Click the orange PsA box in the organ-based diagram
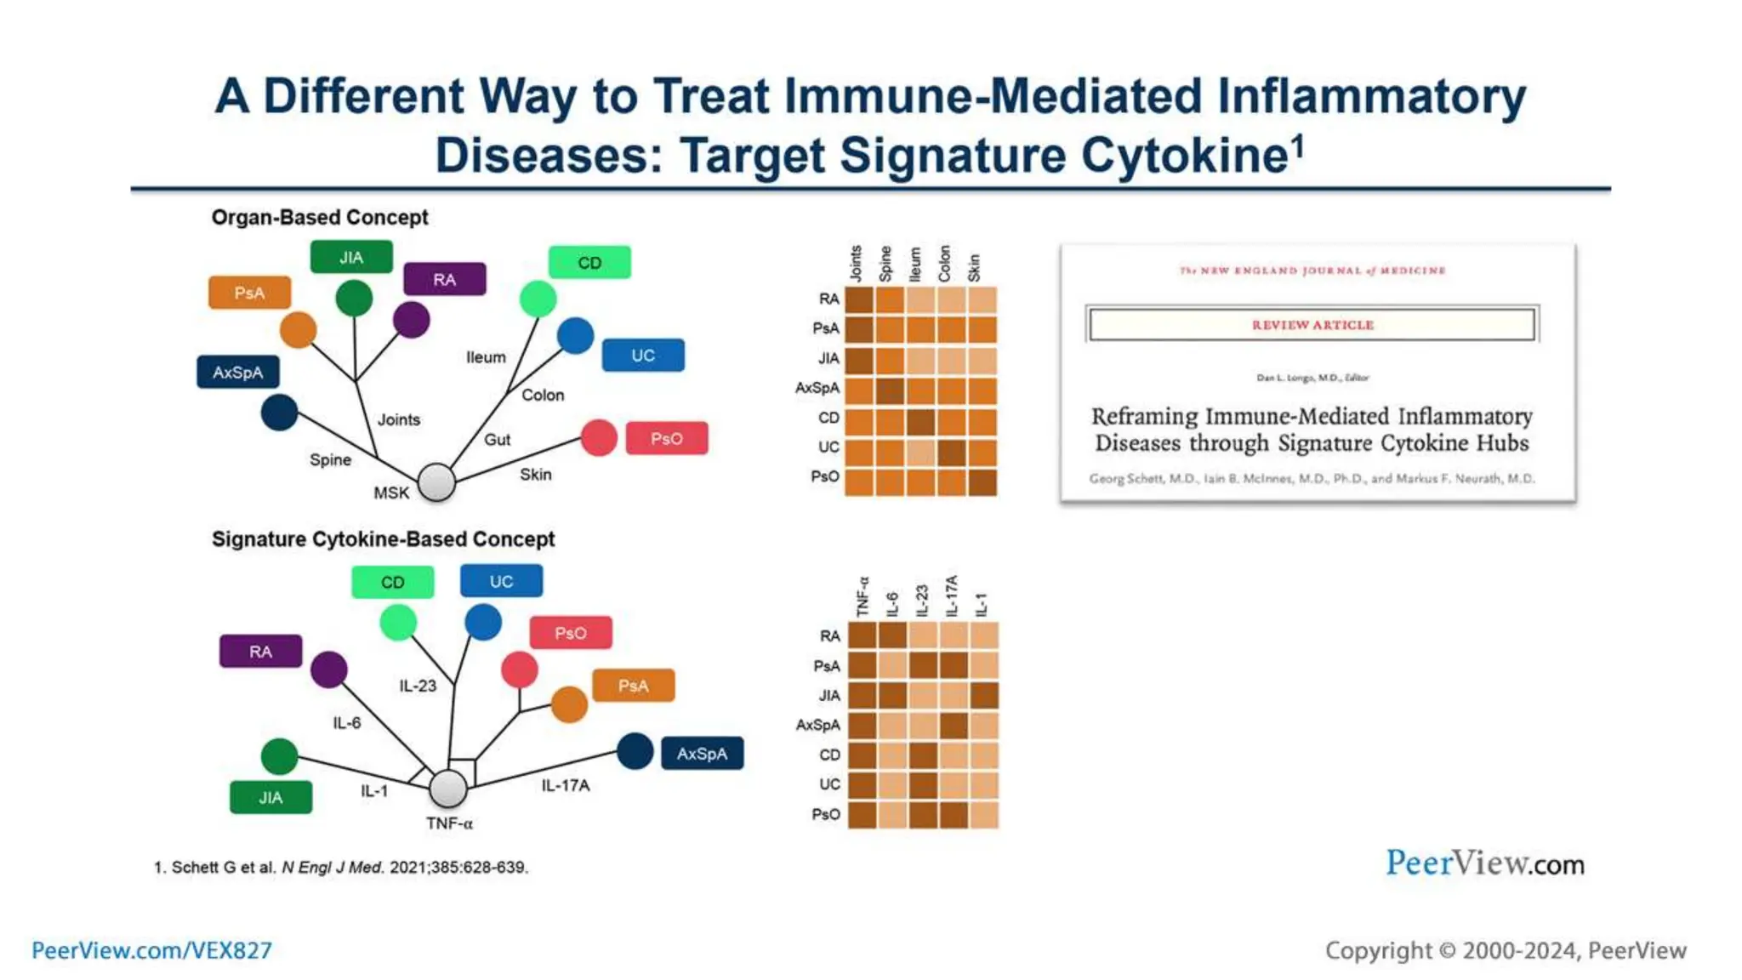[x=249, y=293]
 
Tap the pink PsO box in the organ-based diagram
[x=667, y=438]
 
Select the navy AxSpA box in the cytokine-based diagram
[x=702, y=753]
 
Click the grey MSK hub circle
[x=436, y=481]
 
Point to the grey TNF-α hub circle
[x=447, y=788]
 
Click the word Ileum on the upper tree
[x=486, y=357]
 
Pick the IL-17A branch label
[x=566, y=785]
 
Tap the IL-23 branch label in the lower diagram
[x=418, y=686]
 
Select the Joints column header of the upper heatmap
[x=857, y=263]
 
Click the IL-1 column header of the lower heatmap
[x=982, y=604]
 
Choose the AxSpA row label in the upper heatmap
[x=817, y=388]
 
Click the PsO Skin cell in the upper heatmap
[x=982, y=481]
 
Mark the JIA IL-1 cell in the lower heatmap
[x=984, y=695]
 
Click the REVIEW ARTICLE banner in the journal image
[x=1312, y=324]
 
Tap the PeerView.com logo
[x=1484, y=863]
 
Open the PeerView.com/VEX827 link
[x=151, y=950]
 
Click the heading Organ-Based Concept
[x=319, y=218]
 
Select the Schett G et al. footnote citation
[x=340, y=867]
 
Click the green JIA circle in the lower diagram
[x=279, y=756]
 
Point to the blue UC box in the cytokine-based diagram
[x=501, y=581]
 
